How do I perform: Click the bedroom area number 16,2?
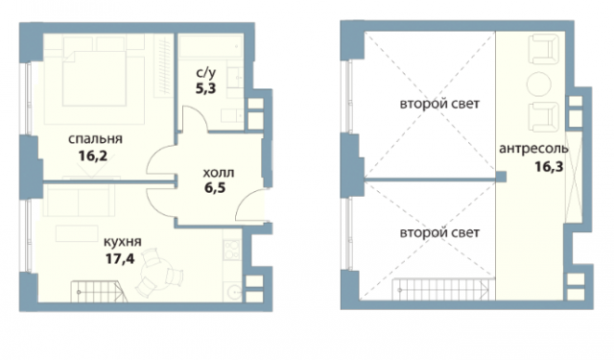tap(93, 156)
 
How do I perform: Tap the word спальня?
tap(95, 138)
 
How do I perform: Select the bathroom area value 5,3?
tap(206, 88)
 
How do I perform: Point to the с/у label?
tap(206, 72)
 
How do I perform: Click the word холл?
tap(219, 173)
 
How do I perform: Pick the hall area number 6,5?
tap(215, 188)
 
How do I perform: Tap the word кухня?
tap(122, 242)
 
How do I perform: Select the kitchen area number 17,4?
tap(120, 258)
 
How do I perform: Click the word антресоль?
tap(533, 149)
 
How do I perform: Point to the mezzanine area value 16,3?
tap(549, 167)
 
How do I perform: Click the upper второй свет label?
tap(439, 105)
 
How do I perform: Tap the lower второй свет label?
tap(439, 232)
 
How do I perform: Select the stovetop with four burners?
tap(232, 250)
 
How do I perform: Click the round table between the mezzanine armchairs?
tap(539, 84)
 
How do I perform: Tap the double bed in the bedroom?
tap(94, 78)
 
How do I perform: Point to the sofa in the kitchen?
tap(79, 200)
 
